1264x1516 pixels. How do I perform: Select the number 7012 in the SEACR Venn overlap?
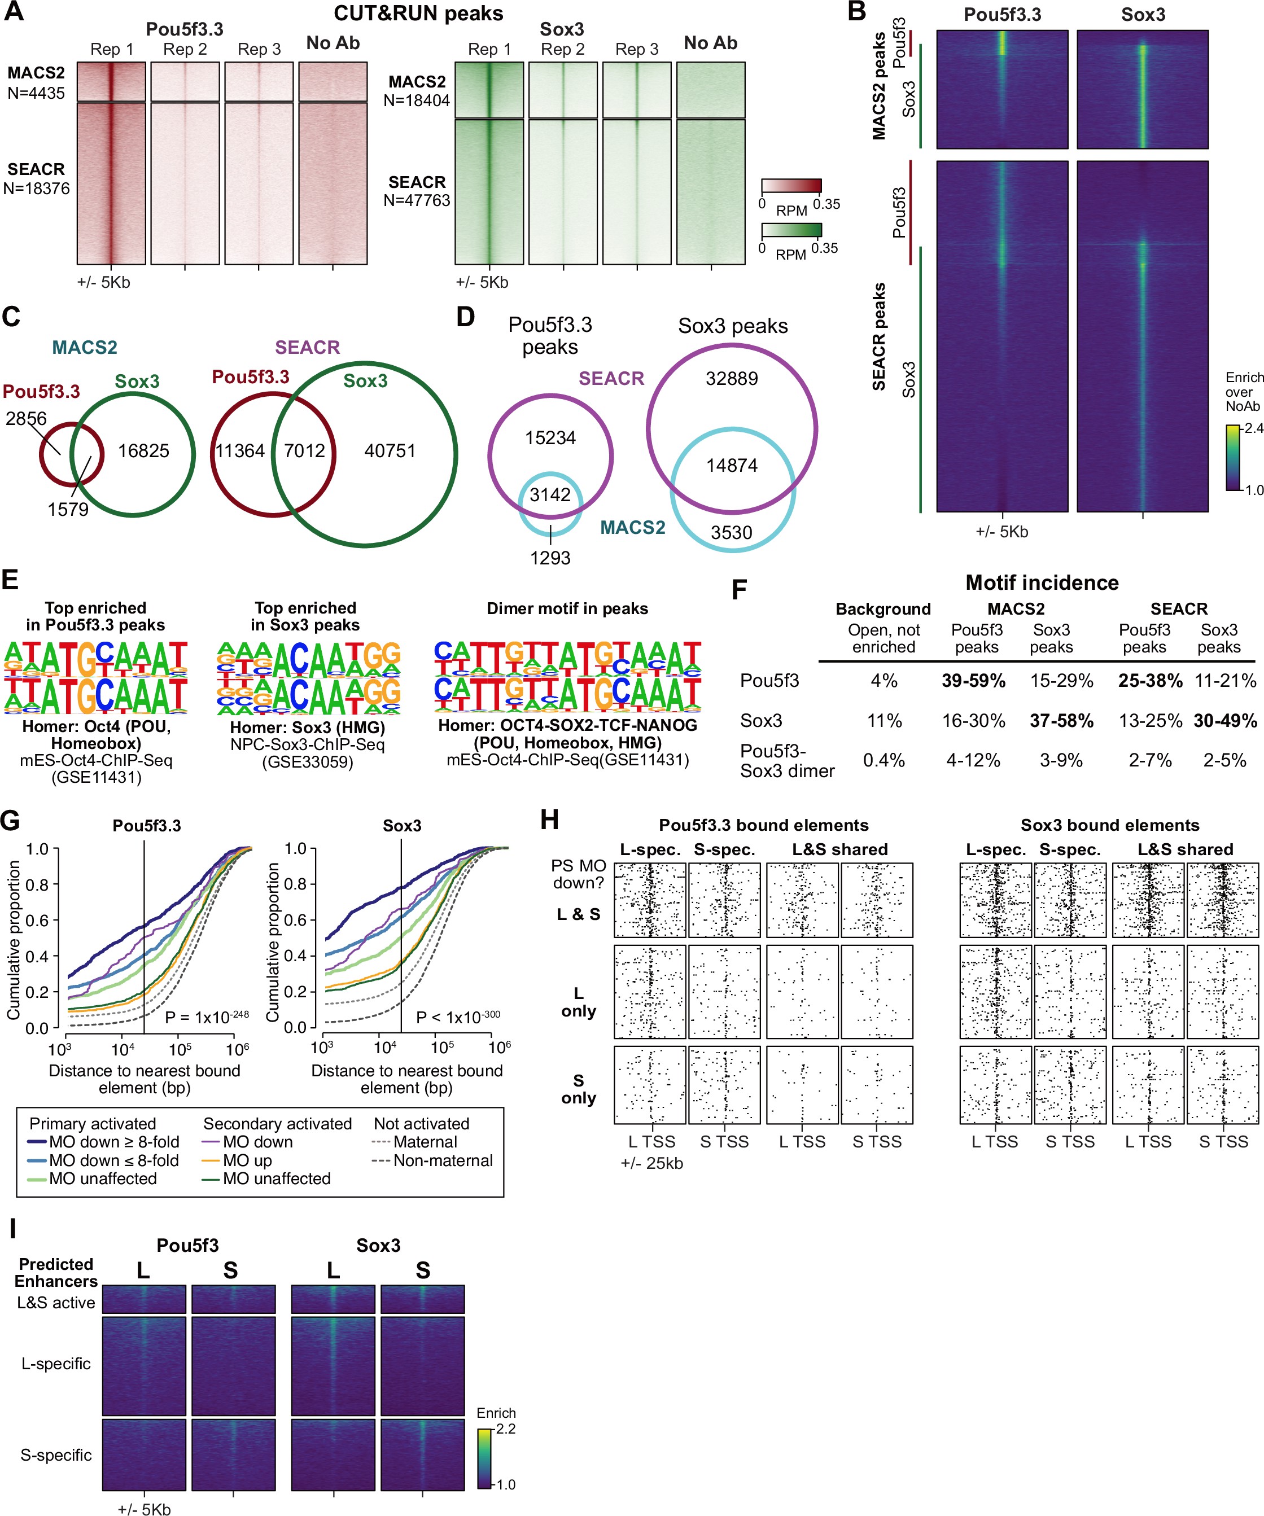(x=304, y=451)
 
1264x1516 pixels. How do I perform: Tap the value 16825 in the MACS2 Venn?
(x=143, y=451)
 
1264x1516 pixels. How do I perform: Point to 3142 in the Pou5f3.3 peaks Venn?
(x=550, y=494)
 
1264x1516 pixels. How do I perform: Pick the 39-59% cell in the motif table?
(x=973, y=681)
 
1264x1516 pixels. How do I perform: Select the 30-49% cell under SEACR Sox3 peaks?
(x=1225, y=720)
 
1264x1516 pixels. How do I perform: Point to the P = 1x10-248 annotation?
(x=207, y=1017)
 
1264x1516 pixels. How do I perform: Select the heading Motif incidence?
(x=1042, y=582)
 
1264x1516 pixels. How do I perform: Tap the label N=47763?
(x=417, y=200)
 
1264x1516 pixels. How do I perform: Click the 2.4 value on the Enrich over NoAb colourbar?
(x=1254, y=428)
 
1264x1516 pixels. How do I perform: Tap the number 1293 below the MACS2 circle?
(x=550, y=558)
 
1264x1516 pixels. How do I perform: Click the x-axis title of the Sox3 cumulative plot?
(x=406, y=1079)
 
